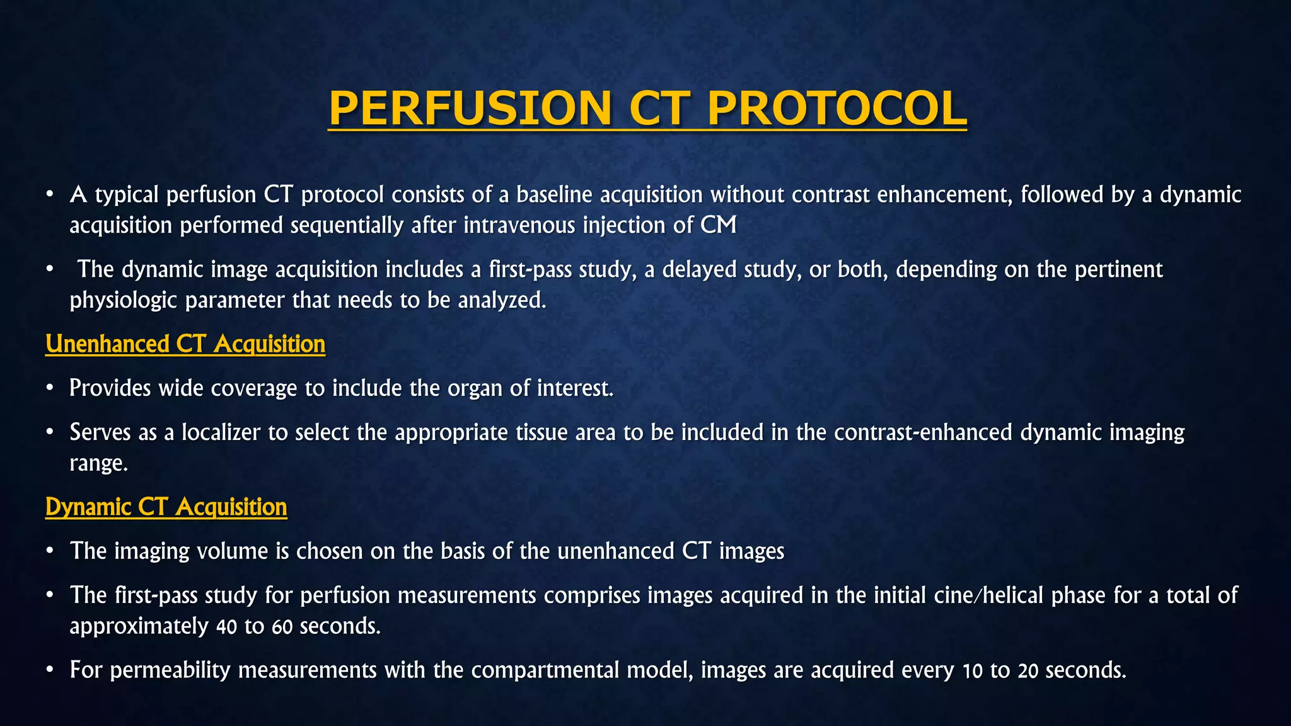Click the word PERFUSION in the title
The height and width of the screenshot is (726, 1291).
point(470,108)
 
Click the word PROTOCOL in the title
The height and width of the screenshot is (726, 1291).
point(837,108)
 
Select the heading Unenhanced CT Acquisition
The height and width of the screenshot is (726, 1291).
point(185,344)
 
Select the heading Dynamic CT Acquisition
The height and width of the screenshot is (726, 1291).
point(166,507)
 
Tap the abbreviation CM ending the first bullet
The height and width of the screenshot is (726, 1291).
point(718,225)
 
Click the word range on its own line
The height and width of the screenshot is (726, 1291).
point(98,464)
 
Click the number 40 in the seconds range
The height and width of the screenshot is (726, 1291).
point(226,626)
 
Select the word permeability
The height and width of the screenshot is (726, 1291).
point(170,670)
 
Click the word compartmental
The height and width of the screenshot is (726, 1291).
point(545,670)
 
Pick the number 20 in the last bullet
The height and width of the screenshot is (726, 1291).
point(1028,671)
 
